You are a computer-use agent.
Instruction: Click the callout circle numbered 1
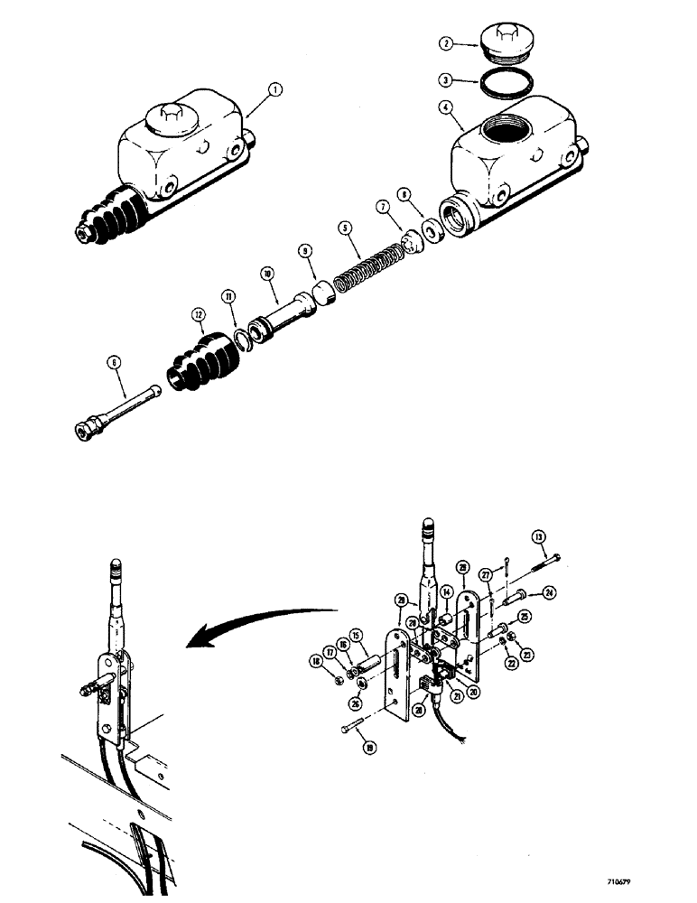[275, 88]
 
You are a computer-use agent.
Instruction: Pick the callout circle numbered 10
[267, 272]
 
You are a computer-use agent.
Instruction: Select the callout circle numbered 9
[305, 254]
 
